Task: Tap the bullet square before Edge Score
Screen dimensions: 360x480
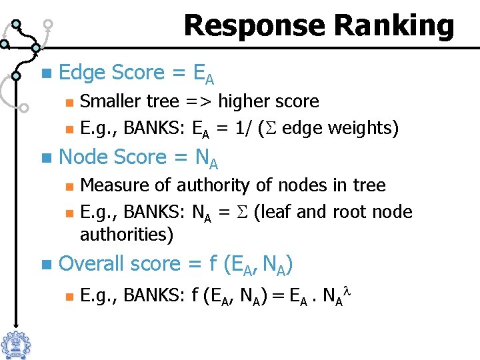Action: coord(45,72)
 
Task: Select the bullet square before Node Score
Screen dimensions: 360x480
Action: coord(45,157)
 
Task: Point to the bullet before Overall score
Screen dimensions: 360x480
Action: coord(45,264)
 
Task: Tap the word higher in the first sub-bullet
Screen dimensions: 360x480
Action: coord(242,102)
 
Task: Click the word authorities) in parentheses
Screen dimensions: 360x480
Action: coord(126,235)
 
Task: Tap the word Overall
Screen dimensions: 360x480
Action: coord(92,264)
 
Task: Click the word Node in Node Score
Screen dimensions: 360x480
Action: coord(84,157)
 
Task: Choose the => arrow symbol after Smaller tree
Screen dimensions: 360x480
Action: coord(199,102)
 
